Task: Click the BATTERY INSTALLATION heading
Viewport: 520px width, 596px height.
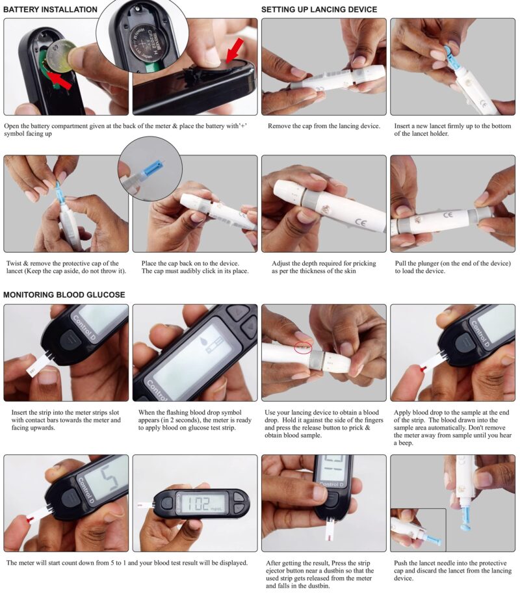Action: click(51, 10)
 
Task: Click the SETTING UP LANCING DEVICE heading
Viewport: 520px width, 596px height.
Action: click(319, 10)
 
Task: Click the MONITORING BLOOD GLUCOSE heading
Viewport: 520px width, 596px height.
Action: click(64, 294)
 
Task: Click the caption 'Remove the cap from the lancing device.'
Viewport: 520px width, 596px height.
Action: click(324, 126)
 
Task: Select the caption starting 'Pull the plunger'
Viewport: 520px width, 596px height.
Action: click(452, 267)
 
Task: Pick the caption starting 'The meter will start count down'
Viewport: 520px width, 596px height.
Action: click(127, 563)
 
